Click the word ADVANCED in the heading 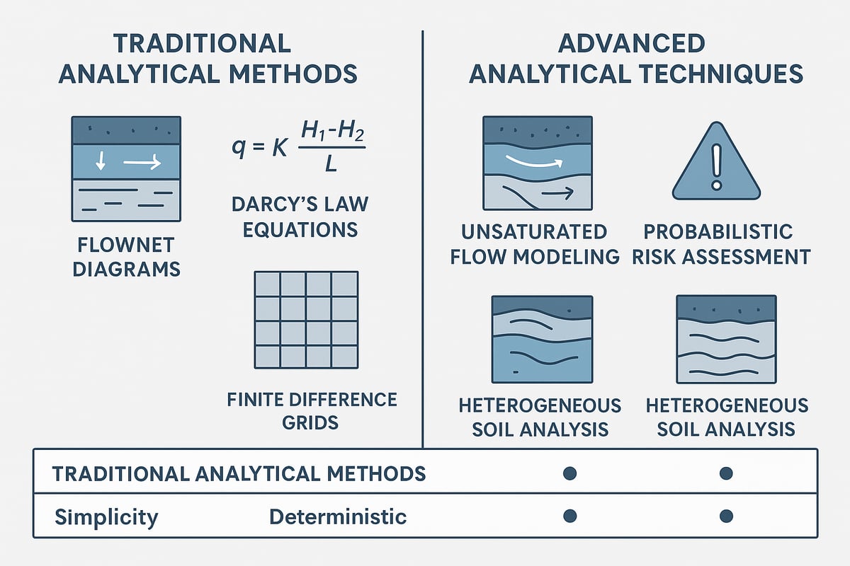click(x=631, y=43)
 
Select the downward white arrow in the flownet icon click(x=101, y=163)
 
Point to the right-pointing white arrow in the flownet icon click(x=142, y=163)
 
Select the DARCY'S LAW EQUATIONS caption click(x=300, y=216)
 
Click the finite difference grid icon click(x=305, y=320)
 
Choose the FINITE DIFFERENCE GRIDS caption click(x=312, y=410)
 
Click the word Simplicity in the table click(x=106, y=517)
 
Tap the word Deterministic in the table click(x=338, y=517)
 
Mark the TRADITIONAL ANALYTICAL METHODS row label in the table click(x=239, y=473)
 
